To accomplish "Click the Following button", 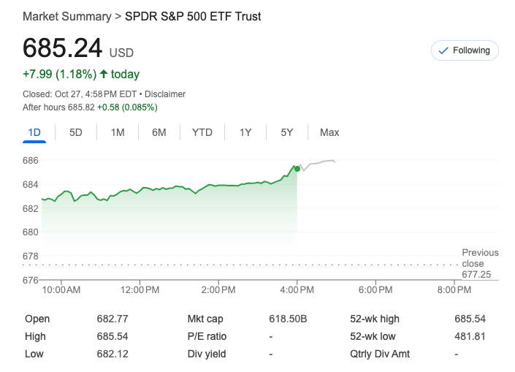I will coord(465,50).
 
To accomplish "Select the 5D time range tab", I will coord(76,132).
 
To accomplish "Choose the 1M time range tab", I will coord(118,132).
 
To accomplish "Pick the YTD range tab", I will coord(202,132).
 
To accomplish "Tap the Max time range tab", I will coord(329,132).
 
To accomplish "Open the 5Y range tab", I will coord(287,132).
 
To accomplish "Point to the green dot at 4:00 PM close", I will coord(297,168).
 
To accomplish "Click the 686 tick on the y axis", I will coord(31,160).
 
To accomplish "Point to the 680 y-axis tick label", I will coord(31,232).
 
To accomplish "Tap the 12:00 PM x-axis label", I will coord(140,290).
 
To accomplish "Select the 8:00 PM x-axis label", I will coord(454,290).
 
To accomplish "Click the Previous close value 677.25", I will coord(476,274).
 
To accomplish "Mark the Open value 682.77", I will coord(112,319).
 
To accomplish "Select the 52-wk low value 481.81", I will coord(470,336).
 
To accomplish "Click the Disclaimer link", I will coord(167,94).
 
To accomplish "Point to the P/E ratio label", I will coord(207,336).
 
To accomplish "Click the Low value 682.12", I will coord(112,354).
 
